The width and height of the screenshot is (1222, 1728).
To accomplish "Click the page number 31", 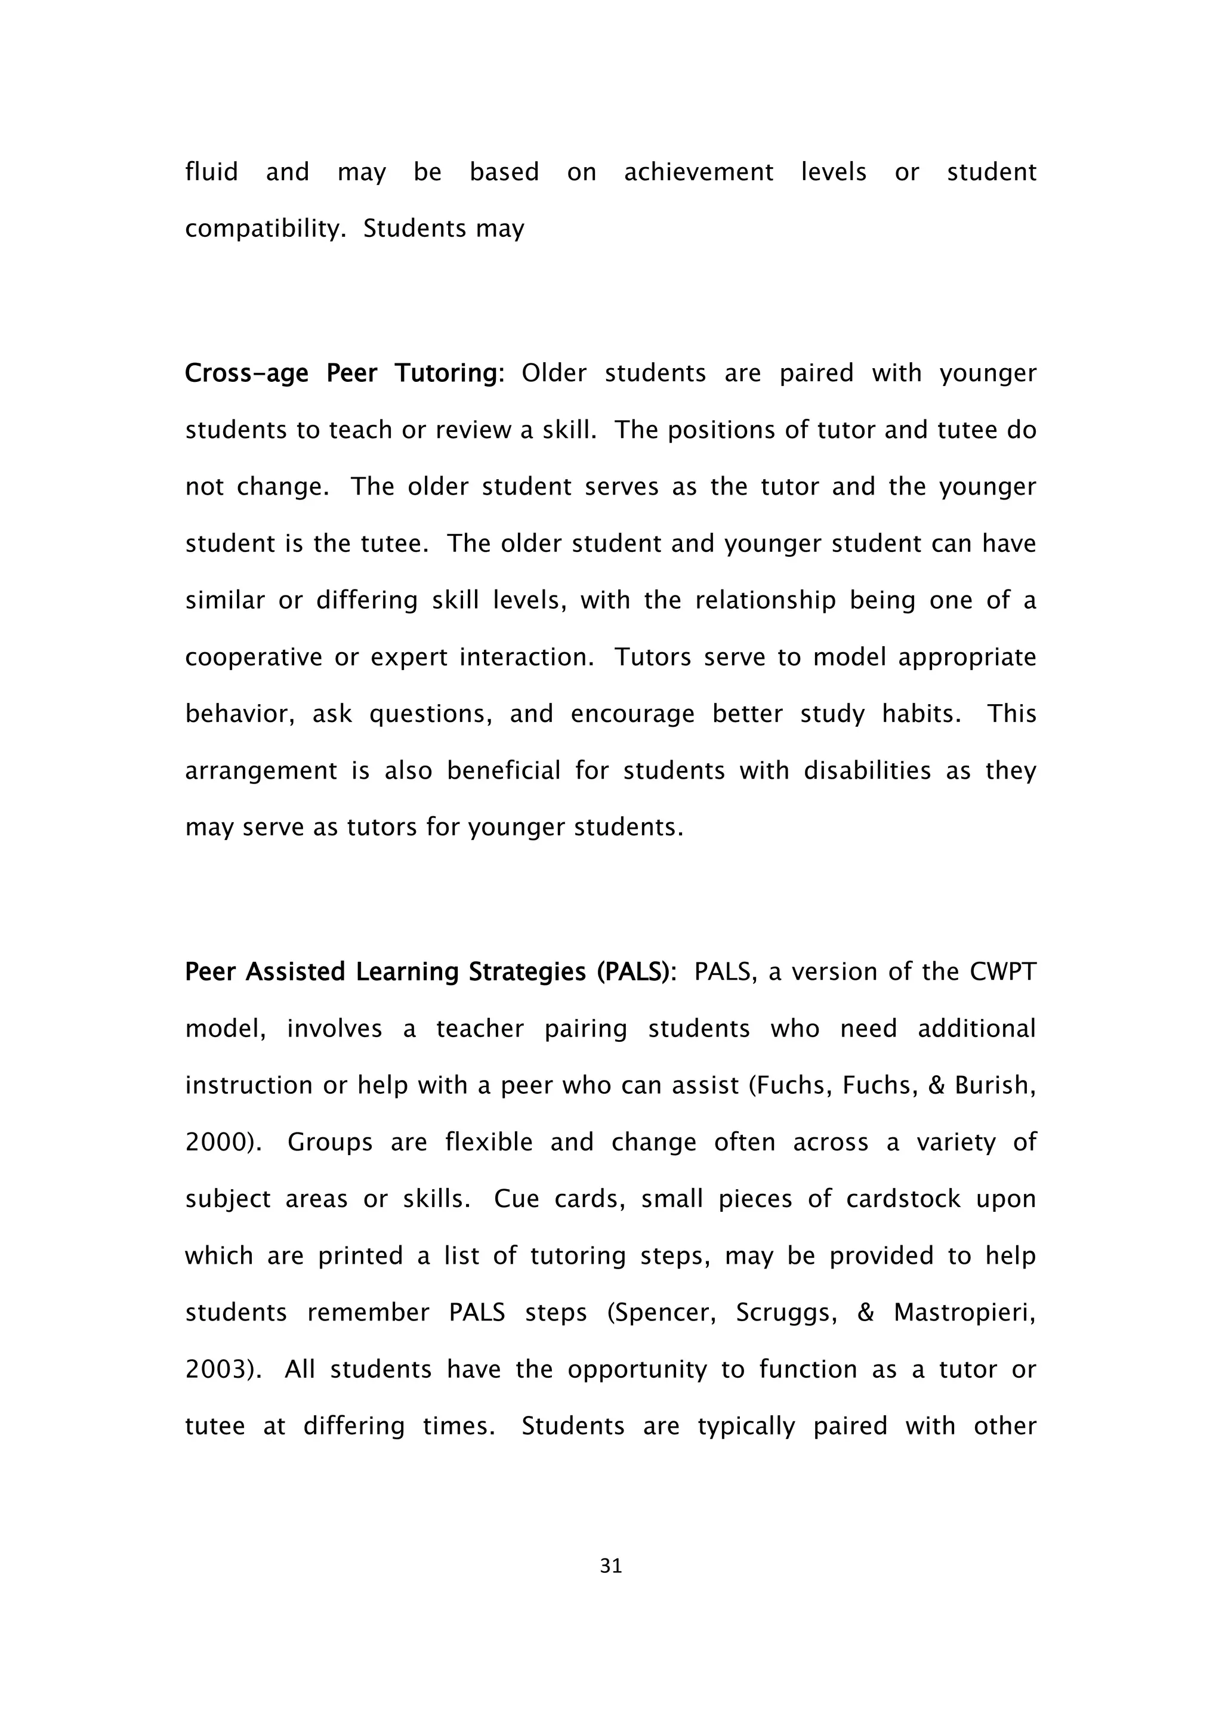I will click(x=611, y=1566).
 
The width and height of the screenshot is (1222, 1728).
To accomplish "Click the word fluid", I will click(x=211, y=172).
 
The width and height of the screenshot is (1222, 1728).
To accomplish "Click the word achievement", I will click(x=698, y=172).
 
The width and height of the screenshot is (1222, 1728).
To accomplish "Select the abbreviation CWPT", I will click(x=1002, y=973).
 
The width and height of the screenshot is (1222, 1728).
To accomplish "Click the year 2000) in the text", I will click(x=224, y=1143).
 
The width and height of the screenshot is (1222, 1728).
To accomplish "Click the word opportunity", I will click(x=637, y=1370).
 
